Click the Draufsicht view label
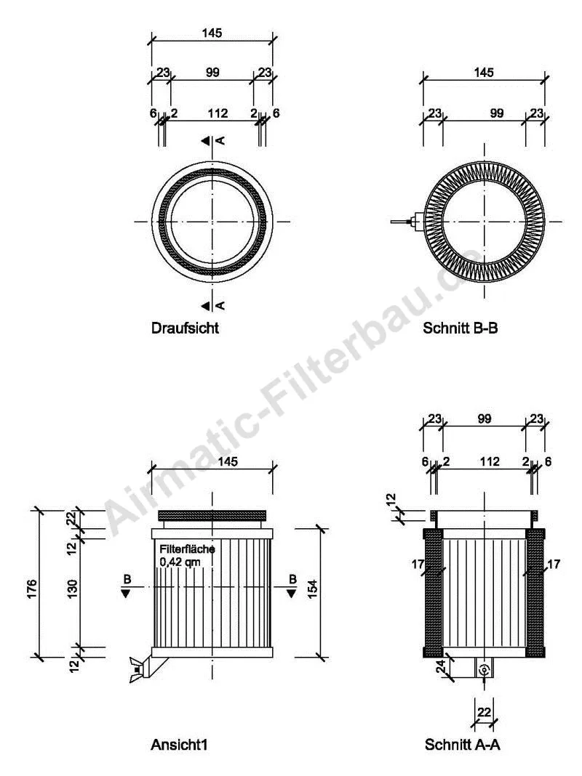pyautogui.click(x=185, y=328)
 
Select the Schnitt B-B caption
pyautogui.click(x=460, y=328)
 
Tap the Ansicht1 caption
pyautogui.click(x=183, y=744)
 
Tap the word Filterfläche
pyautogui.click(x=186, y=550)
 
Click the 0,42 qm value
pyautogui.click(x=181, y=562)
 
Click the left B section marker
pyautogui.click(x=127, y=586)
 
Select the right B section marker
pyautogui.click(x=292, y=586)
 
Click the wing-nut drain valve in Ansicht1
pyautogui.click(x=138, y=666)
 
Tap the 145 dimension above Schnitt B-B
pyautogui.click(x=483, y=72)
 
